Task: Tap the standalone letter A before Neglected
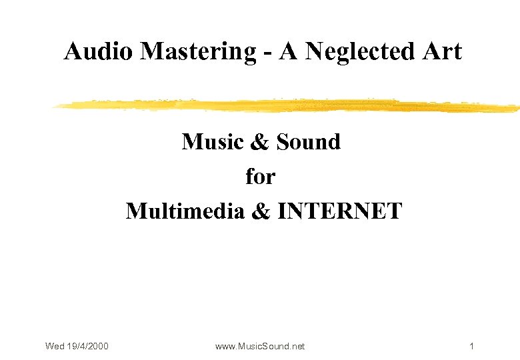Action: [x=289, y=51]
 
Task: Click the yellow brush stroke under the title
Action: [x=287, y=105]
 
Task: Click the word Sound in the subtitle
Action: [x=308, y=141]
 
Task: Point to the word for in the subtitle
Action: [x=260, y=177]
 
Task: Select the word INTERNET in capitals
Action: [x=339, y=211]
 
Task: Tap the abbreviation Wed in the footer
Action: [x=55, y=346]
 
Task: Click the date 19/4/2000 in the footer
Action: [x=88, y=346]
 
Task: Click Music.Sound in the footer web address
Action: [x=263, y=346]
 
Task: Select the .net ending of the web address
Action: [x=297, y=346]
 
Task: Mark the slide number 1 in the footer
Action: [x=471, y=346]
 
